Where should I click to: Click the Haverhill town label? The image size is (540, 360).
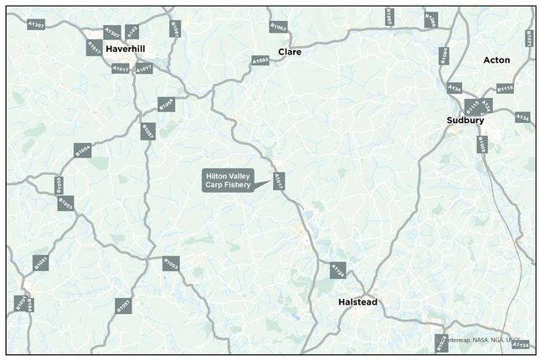[125, 49]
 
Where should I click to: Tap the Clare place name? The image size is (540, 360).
[290, 52]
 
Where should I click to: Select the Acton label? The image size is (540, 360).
[496, 60]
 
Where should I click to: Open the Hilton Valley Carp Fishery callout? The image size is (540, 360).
[234, 179]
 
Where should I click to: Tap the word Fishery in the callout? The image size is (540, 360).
[247, 184]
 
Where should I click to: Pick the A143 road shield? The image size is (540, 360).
[131, 33]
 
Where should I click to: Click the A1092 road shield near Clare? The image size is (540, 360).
[260, 61]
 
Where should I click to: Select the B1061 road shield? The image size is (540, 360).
[175, 28]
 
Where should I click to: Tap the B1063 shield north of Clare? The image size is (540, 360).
[278, 27]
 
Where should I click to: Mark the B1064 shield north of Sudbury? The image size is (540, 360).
[445, 55]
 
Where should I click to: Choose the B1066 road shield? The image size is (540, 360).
[429, 18]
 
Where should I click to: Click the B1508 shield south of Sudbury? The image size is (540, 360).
[481, 145]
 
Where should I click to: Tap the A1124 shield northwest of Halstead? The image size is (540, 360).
[337, 270]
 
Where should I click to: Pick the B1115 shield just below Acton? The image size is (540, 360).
[505, 88]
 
